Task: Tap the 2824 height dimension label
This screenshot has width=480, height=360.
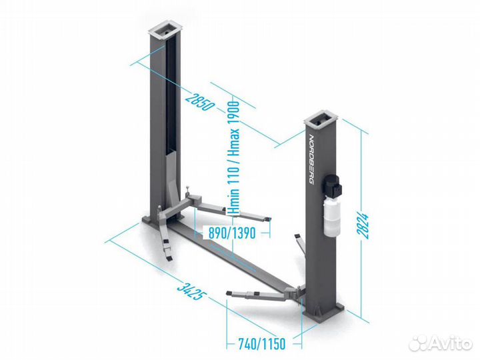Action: pyautogui.click(x=363, y=225)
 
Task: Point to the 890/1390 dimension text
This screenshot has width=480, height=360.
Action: pyautogui.click(x=232, y=233)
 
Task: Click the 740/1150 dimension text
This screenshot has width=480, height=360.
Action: pyautogui.click(x=261, y=344)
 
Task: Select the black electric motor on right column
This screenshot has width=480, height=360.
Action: pyautogui.click(x=331, y=184)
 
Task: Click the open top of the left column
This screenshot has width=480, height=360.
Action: pyautogui.click(x=165, y=30)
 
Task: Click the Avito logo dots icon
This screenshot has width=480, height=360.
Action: pyautogui.click(x=419, y=343)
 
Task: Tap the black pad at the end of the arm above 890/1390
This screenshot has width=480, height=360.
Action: pyautogui.click(x=268, y=218)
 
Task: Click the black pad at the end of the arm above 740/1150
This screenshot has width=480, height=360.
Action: pyautogui.click(x=229, y=293)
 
